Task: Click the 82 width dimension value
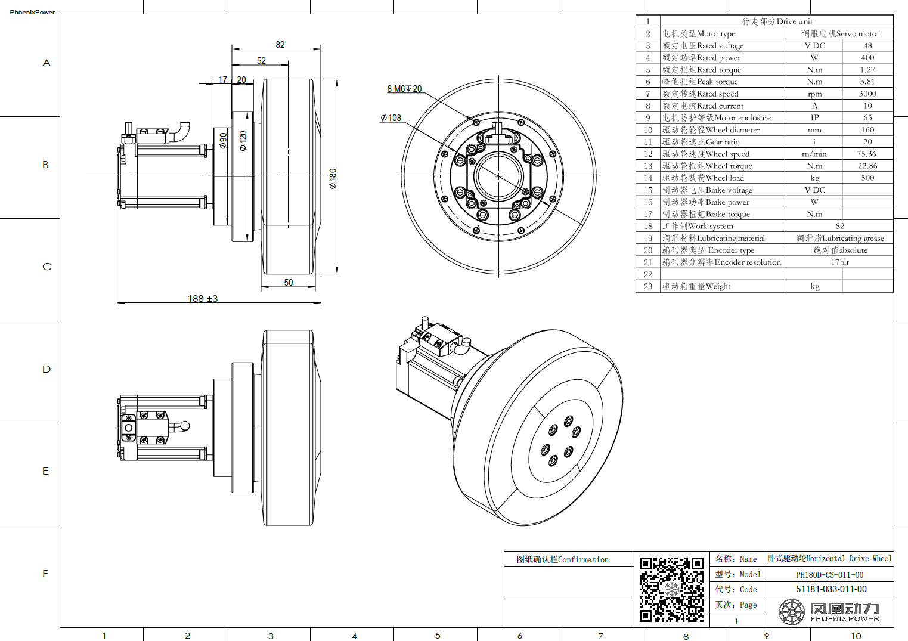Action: pyautogui.click(x=280, y=45)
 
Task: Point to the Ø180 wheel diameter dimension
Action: pyautogui.click(x=333, y=178)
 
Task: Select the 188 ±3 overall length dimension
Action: pyautogui.click(x=203, y=298)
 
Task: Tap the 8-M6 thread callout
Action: pyautogui.click(x=404, y=89)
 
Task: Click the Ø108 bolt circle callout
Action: pyautogui.click(x=391, y=118)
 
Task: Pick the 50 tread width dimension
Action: pyautogui.click(x=289, y=283)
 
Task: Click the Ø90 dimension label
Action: pyautogui.click(x=223, y=141)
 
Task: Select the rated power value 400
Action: pyautogui.click(x=867, y=58)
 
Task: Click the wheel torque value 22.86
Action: pyautogui.click(x=867, y=166)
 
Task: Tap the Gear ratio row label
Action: pyautogui.click(x=701, y=142)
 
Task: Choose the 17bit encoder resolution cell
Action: pyautogui.click(x=839, y=262)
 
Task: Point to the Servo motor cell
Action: pyautogui.click(x=840, y=34)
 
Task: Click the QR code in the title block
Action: pyautogui.click(x=671, y=589)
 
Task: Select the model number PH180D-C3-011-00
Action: pyautogui.click(x=829, y=575)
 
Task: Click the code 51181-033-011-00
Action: pyautogui.click(x=831, y=589)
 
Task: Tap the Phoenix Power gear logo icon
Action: pyautogui.click(x=792, y=612)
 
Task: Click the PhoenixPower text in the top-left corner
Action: pyautogui.click(x=32, y=12)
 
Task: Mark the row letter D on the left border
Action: pyautogui.click(x=47, y=369)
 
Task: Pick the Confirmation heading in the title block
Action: pyautogui.click(x=563, y=559)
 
